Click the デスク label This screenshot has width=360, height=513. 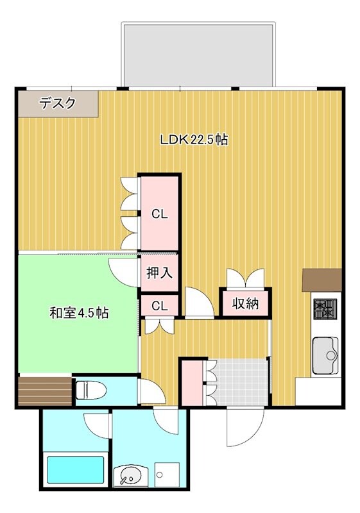(x=58, y=103)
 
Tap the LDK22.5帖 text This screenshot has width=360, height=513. (x=193, y=139)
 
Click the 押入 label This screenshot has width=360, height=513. (x=159, y=273)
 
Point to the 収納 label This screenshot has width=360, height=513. (x=245, y=303)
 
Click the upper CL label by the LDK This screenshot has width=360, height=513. (x=159, y=214)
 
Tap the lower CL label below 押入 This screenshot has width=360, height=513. (x=159, y=306)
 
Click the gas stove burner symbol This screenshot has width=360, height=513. (x=325, y=310)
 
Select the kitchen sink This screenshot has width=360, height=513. (x=325, y=355)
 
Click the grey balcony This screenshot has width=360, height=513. (x=199, y=54)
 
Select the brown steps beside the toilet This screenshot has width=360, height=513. (x=45, y=391)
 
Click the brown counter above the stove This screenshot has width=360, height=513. (x=321, y=280)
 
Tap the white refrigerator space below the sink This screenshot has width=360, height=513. (x=318, y=391)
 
